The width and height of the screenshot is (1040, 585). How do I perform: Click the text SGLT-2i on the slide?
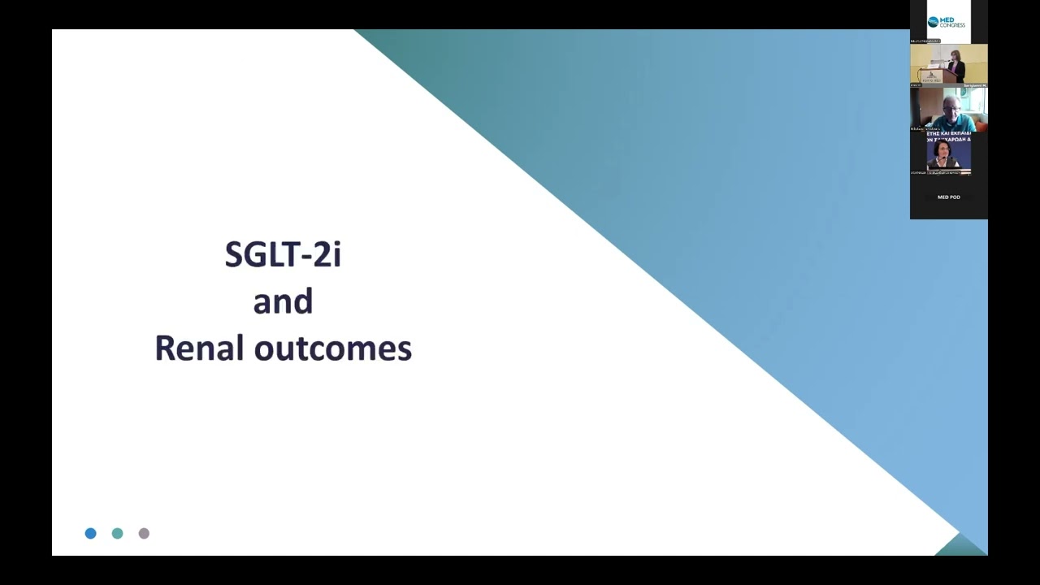point(283,254)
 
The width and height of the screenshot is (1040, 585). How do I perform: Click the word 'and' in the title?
point(283,301)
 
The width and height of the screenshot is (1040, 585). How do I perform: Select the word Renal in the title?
point(201,348)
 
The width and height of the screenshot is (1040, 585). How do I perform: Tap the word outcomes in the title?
point(332,349)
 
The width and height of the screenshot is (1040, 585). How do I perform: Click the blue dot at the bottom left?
point(90,533)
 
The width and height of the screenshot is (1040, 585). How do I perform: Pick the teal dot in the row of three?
point(117,533)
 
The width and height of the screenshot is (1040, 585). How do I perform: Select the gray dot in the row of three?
point(144,533)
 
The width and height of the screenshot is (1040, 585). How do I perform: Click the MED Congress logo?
point(947,22)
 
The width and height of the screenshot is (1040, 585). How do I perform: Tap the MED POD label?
point(948,197)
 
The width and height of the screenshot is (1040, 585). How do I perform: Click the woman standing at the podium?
point(956,67)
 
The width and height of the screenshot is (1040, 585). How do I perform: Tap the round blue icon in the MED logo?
point(933,22)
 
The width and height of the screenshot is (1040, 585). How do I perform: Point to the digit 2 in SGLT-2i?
point(323,255)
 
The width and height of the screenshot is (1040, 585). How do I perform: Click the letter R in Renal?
point(163,348)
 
